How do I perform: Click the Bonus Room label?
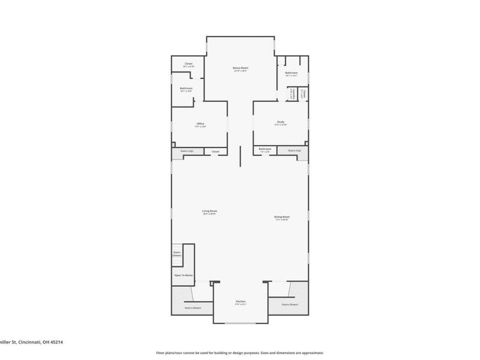pos(241,68)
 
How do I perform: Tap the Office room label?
pos(200,124)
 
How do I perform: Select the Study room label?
pos(281,122)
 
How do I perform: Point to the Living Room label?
pos(209,211)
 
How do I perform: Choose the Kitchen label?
pos(241,301)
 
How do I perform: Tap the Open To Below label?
pos(184,275)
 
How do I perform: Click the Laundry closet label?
pos(292,95)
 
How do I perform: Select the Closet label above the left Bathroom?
pos(188,64)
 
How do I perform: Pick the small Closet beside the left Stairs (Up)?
pos(215,151)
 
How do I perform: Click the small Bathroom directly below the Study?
pos(265,149)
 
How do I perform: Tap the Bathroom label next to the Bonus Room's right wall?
pos(292,74)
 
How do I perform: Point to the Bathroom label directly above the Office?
pos(186,89)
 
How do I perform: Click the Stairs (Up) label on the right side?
pos(294,151)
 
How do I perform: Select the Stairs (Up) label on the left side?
pos(187,151)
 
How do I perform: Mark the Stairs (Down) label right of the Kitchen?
pos(290,304)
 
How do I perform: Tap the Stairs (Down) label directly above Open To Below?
pos(177,253)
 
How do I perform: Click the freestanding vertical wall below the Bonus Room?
pos(241,157)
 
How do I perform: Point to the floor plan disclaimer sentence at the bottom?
pos(240,353)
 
